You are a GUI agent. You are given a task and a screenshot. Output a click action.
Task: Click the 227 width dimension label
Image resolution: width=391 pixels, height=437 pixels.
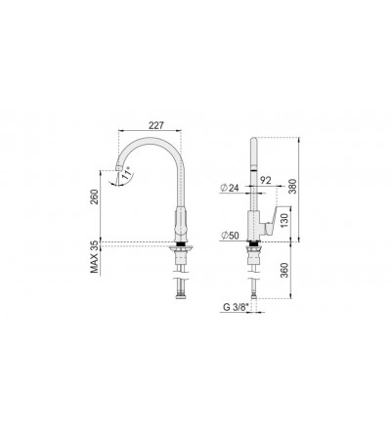click(x=155, y=125)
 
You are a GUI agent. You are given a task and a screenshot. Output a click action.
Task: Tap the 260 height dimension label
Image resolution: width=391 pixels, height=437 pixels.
click(x=94, y=197)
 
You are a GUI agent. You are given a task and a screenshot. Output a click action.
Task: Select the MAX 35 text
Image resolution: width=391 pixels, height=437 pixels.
click(x=94, y=257)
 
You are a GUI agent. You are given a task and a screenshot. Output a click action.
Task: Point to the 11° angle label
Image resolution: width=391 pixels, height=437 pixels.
click(x=127, y=172)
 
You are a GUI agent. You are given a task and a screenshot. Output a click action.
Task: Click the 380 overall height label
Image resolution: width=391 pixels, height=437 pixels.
click(x=292, y=186)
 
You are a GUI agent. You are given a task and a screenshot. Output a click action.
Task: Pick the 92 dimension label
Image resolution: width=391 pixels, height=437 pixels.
click(x=266, y=181)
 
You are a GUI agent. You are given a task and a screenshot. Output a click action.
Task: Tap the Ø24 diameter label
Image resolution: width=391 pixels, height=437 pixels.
click(x=230, y=188)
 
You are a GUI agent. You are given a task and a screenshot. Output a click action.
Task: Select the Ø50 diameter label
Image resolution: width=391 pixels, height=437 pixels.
click(x=230, y=236)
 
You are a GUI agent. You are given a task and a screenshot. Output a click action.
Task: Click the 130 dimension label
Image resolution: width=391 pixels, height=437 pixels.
click(x=284, y=221)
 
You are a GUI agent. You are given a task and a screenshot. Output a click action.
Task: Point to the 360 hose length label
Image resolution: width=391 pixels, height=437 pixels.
click(x=284, y=270)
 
